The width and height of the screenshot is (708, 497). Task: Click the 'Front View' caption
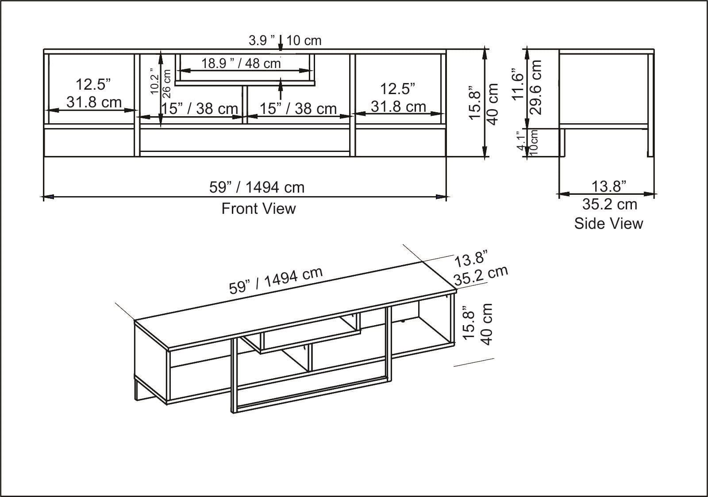coord(258,209)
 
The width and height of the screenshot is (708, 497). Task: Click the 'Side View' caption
coord(608,224)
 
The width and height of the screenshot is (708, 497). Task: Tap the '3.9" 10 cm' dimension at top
coord(285,41)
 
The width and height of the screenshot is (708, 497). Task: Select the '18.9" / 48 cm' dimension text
coord(241,63)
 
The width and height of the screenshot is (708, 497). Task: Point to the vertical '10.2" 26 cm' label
coord(160,81)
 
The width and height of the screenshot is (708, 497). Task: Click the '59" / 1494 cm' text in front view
coord(257,187)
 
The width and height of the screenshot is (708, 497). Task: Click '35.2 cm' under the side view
coord(609,205)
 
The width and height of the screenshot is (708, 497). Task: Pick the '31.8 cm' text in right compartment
coord(398,106)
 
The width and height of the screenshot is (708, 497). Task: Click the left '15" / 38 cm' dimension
coord(199,108)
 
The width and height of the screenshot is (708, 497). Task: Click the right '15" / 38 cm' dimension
coord(298,108)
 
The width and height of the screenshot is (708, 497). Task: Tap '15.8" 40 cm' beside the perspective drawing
coord(477,324)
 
